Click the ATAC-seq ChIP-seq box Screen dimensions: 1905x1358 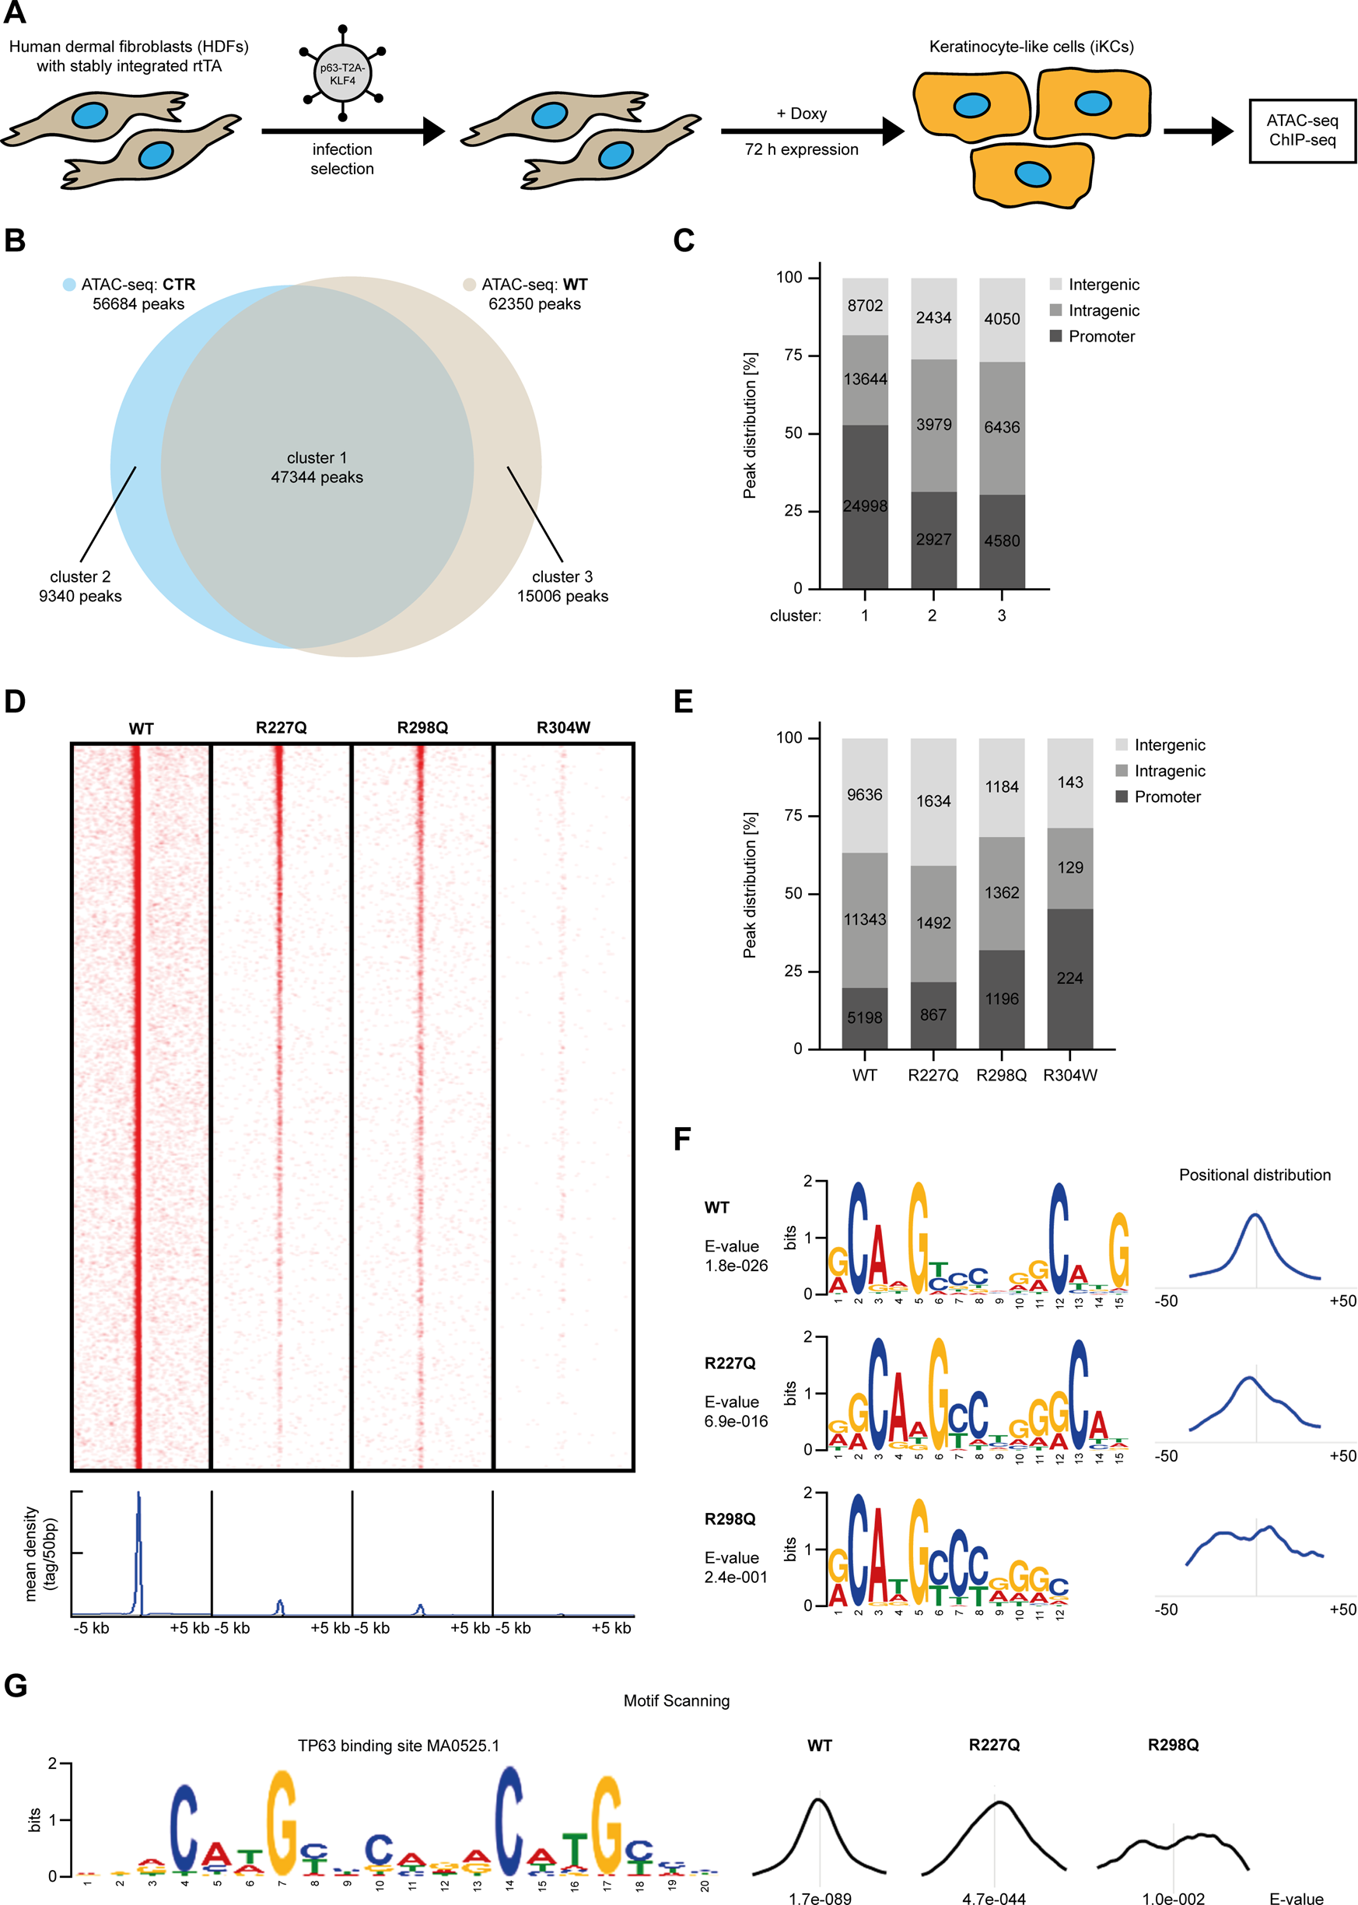click(x=1301, y=131)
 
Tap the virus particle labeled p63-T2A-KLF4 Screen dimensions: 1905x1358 click(x=342, y=75)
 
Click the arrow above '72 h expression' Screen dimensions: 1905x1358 click(x=811, y=131)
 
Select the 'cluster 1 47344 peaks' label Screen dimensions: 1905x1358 click(x=317, y=467)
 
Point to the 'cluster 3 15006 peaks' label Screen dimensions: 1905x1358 click(x=562, y=587)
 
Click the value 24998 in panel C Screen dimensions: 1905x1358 click(x=865, y=506)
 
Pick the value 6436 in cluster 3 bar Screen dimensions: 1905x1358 click(x=1001, y=427)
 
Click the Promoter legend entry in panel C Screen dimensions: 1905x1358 click(x=1101, y=336)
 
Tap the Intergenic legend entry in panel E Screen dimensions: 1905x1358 click(x=1169, y=744)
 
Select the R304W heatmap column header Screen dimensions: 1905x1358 click(x=563, y=727)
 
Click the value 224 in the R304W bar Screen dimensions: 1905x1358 click(x=1069, y=978)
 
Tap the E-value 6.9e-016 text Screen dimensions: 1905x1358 click(x=736, y=1421)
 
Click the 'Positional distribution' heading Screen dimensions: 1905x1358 click(x=1255, y=1175)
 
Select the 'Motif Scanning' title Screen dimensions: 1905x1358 click(x=677, y=1700)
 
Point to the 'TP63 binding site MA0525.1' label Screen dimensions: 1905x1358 click(x=398, y=1746)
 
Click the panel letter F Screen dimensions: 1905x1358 click(x=682, y=1139)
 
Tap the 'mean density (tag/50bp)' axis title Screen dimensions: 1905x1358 click(x=40, y=1553)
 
